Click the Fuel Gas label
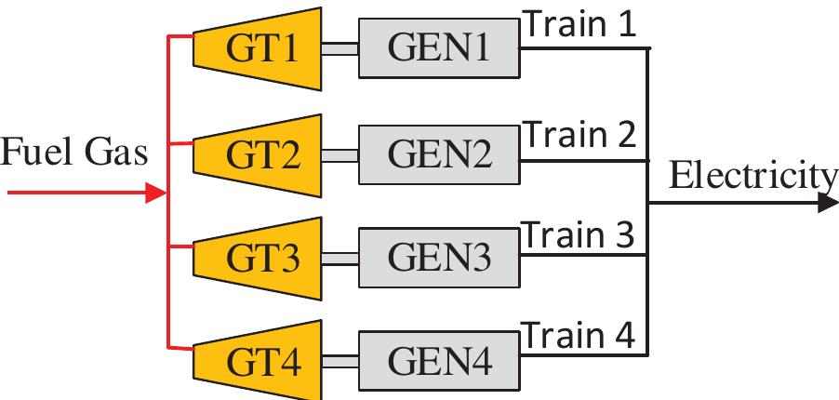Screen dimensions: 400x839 tap(73, 153)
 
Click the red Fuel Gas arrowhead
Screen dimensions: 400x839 tap(156, 194)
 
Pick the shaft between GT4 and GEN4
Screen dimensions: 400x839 tap(341, 362)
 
